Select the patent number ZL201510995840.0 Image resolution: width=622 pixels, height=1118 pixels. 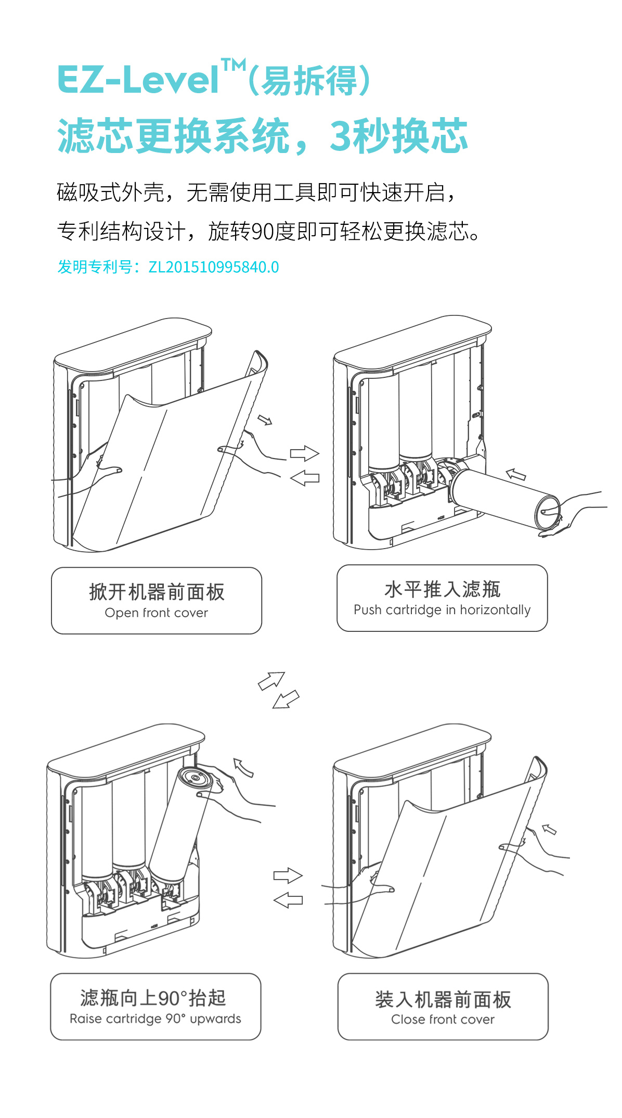point(213,267)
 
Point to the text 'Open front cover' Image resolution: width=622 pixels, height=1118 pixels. point(156,613)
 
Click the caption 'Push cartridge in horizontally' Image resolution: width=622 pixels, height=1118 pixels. point(442,610)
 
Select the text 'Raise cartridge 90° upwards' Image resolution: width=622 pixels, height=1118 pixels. point(155,1019)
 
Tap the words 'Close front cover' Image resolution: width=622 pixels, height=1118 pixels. point(443,1020)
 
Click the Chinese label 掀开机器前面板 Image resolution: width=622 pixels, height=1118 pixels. point(157,592)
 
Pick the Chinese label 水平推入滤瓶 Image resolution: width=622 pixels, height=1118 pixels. point(442,589)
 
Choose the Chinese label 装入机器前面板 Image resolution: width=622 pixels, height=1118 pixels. point(443,1000)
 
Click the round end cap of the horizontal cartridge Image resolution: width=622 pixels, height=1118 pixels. point(547,512)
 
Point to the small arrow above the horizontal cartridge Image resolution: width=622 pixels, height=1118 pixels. point(516,474)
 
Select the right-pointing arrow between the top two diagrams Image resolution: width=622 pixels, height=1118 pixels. point(304,453)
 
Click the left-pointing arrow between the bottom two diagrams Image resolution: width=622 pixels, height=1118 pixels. point(288,900)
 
